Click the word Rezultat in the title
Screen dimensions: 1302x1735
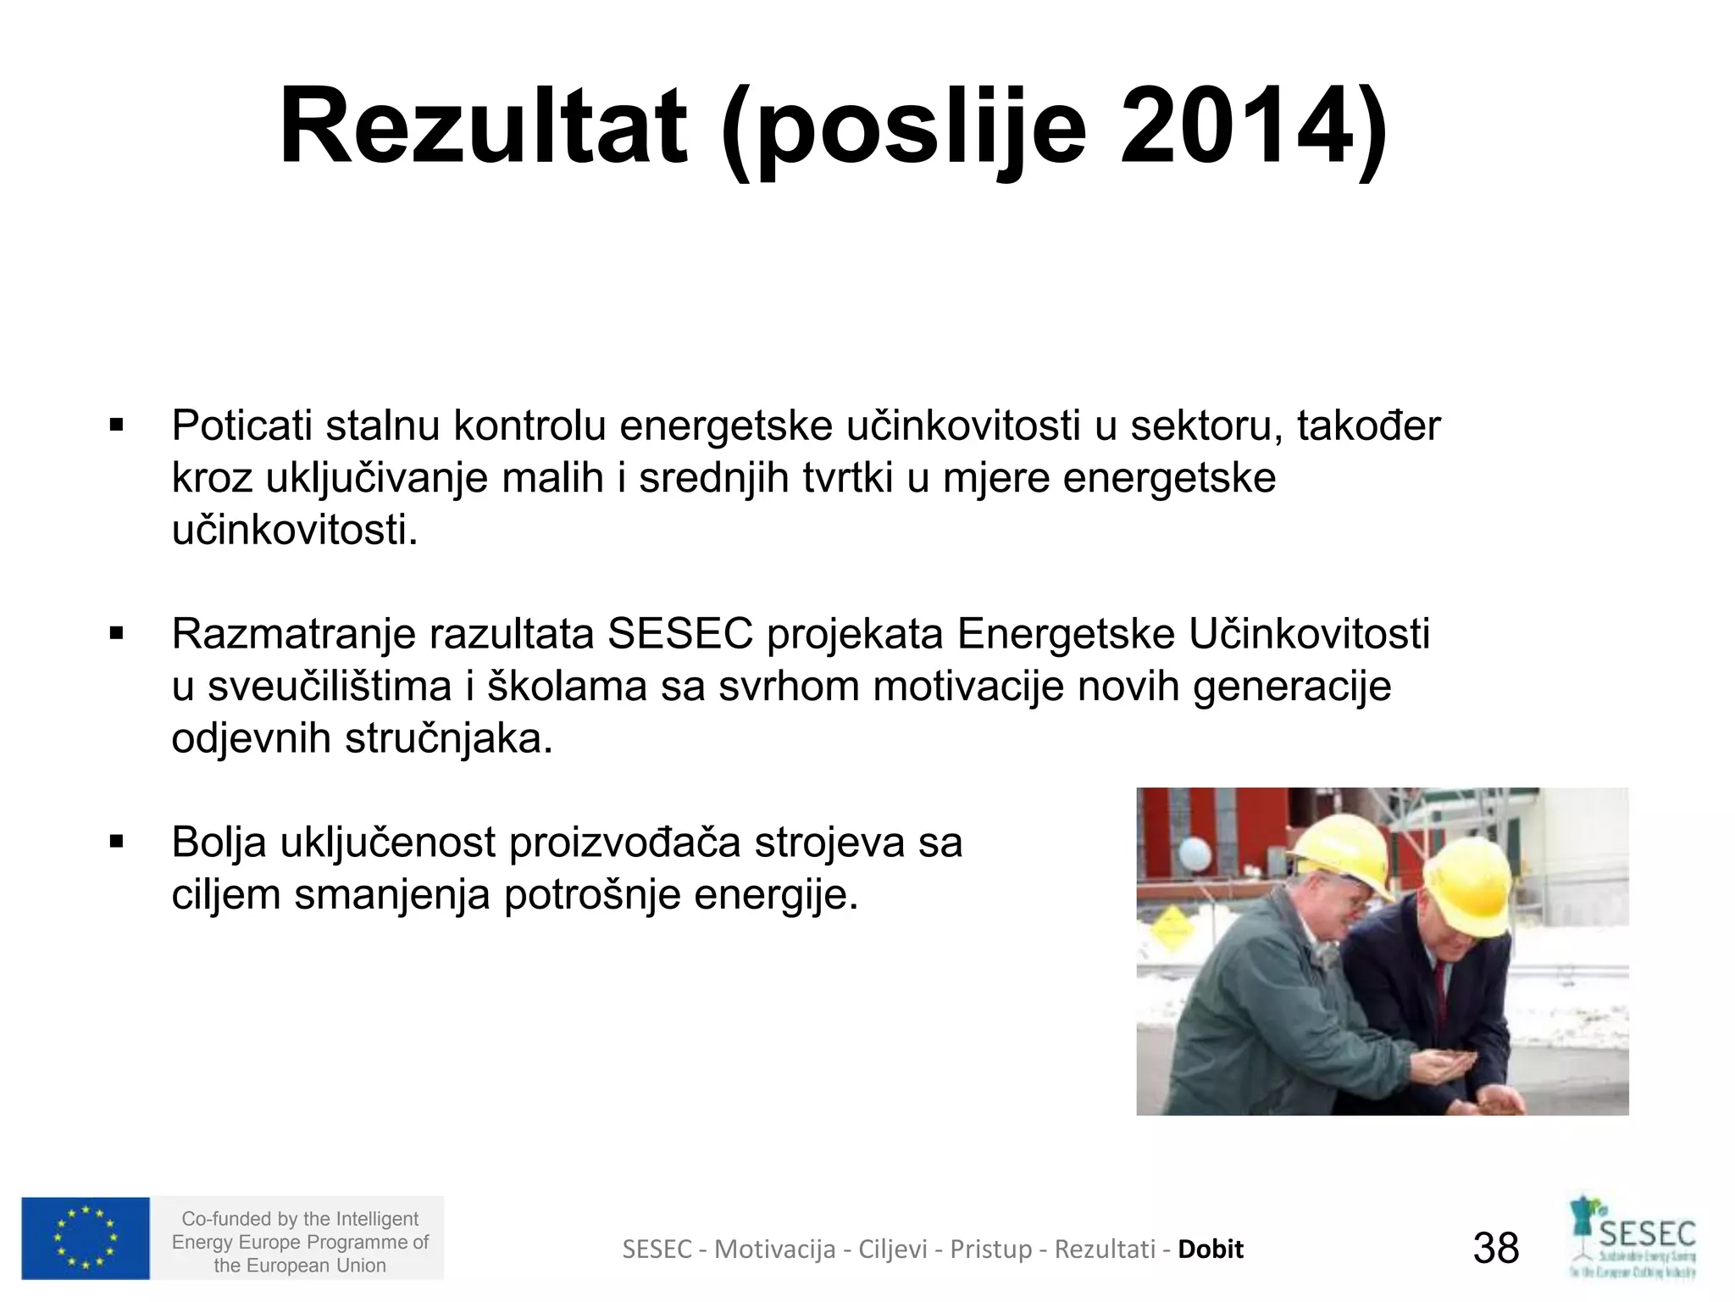click(482, 127)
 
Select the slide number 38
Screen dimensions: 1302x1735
click(1496, 1248)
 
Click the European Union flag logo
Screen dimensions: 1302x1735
click(86, 1238)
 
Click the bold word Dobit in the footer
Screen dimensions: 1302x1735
click(1211, 1249)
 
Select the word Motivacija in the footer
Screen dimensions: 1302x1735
click(774, 1249)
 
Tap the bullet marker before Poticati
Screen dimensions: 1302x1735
click(117, 426)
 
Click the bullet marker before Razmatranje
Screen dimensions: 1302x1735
click(117, 634)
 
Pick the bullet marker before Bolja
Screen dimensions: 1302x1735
click(117, 843)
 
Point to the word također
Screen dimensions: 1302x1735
click(1368, 426)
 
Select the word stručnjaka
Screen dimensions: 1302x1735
click(448, 739)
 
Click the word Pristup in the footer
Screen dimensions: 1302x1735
click(991, 1249)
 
